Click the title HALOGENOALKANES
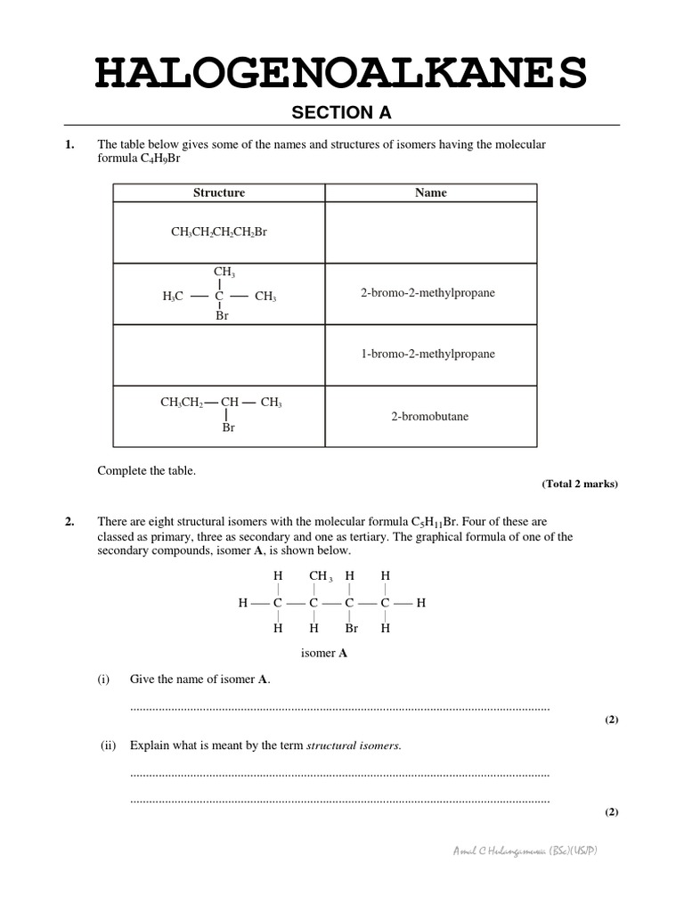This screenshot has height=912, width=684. (341, 73)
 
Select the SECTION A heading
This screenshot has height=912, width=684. (342, 112)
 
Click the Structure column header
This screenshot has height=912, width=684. (219, 192)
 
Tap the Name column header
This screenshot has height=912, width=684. (431, 192)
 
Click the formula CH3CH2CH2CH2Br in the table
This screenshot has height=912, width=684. (219, 232)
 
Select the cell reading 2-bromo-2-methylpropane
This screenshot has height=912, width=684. (427, 293)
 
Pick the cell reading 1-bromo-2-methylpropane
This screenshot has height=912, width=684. (427, 354)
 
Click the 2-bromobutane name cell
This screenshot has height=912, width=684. (429, 416)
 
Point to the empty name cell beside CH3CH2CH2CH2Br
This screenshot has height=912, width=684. (431, 232)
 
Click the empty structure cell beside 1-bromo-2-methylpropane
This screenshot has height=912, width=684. (219, 354)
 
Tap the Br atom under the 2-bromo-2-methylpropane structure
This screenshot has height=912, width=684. (223, 315)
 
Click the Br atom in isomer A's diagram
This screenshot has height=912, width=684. (351, 628)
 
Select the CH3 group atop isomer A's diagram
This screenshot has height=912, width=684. (320, 576)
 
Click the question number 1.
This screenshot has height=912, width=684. (69, 144)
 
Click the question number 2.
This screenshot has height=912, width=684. (69, 522)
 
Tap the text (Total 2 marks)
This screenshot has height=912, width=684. (580, 484)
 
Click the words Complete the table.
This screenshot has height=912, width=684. (146, 471)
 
